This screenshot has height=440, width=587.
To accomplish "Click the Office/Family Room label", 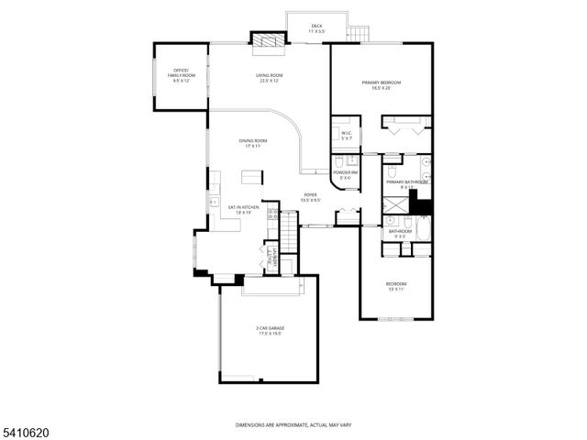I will [x=181, y=75].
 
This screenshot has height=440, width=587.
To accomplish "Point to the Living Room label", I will [x=269, y=77].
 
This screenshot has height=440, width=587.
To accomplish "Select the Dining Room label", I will [x=250, y=143].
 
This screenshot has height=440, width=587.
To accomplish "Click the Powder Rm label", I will [x=345, y=174].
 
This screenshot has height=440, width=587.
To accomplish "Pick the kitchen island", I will [x=251, y=176].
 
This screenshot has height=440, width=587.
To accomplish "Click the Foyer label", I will [x=311, y=197].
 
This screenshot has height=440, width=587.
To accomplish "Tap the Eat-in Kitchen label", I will [x=244, y=209].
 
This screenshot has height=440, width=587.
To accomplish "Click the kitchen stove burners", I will [x=272, y=217].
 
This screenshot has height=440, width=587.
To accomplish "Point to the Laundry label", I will [x=271, y=257].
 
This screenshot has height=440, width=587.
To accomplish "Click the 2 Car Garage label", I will [x=269, y=330].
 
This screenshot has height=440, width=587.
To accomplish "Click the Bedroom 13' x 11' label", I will [x=396, y=286].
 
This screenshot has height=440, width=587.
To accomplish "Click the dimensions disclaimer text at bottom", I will [x=293, y=425].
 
